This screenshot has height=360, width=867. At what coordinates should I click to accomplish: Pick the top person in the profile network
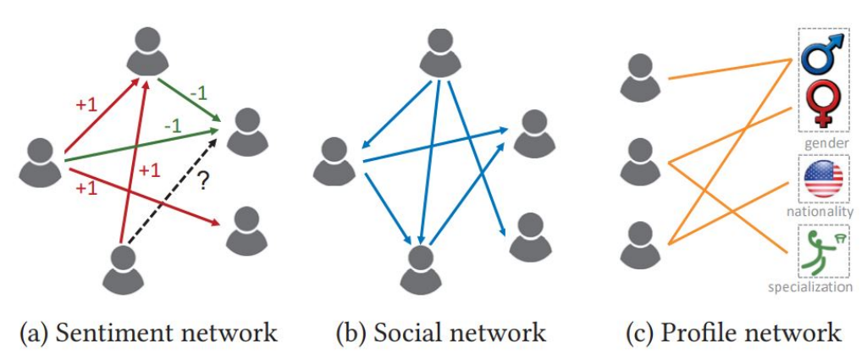[640, 75]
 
